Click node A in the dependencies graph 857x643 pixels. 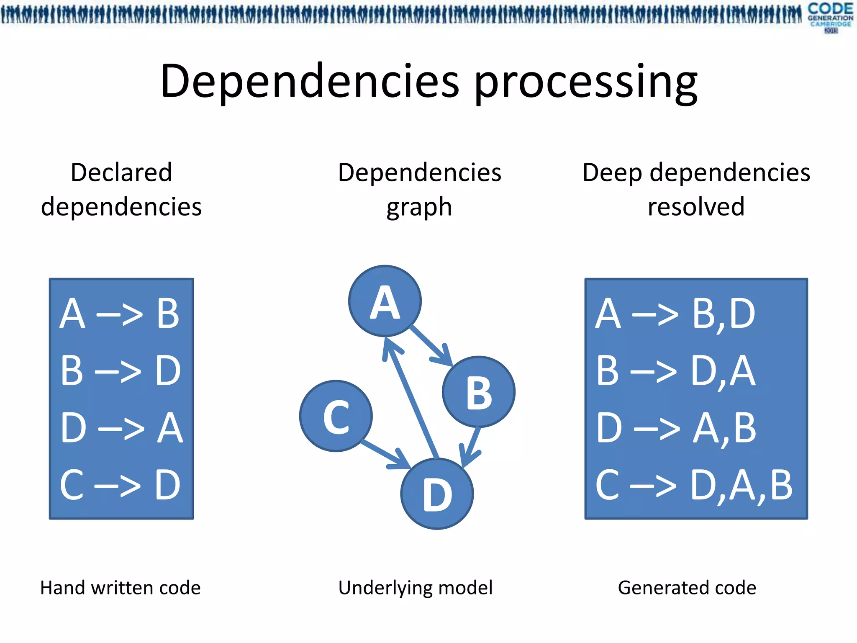pos(385,301)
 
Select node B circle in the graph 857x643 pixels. pos(479,392)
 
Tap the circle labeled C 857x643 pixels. pos(336,416)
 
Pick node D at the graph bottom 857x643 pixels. pos(437,494)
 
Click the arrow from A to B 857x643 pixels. pos(430,346)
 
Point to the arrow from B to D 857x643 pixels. pos(471,446)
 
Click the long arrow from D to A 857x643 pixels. pos(412,400)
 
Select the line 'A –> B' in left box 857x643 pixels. pos(120,314)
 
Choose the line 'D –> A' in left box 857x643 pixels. pos(121,428)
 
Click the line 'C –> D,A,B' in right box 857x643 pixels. pos(694,486)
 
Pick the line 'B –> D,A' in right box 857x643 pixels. pos(675,371)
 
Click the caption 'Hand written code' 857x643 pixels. pos(121,588)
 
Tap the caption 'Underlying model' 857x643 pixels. pos(415,588)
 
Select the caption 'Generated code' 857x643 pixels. pos(687,588)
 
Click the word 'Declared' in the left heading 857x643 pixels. pos(121,172)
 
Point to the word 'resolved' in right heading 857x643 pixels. pos(696,206)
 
